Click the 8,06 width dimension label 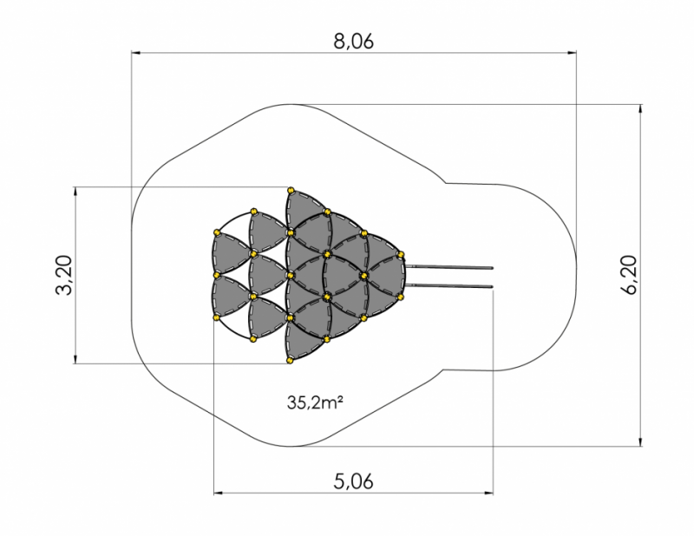click(x=353, y=41)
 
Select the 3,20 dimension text click(x=64, y=275)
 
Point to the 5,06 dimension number click(x=353, y=481)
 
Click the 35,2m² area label click(x=315, y=402)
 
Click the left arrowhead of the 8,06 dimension click(x=135, y=53)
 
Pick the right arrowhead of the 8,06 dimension click(x=573, y=53)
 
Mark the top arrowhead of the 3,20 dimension click(x=75, y=191)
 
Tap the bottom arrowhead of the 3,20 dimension click(x=75, y=359)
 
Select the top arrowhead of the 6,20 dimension click(x=640, y=109)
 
